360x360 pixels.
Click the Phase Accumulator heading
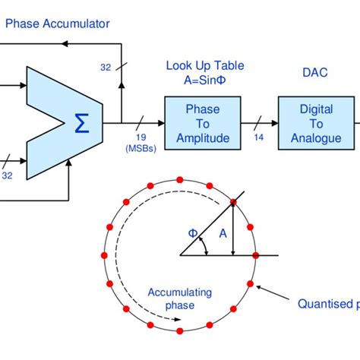click(58, 24)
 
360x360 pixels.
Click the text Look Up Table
click(199, 65)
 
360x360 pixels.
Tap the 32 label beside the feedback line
click(106, 67)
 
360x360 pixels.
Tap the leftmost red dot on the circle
click(104, 256)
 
